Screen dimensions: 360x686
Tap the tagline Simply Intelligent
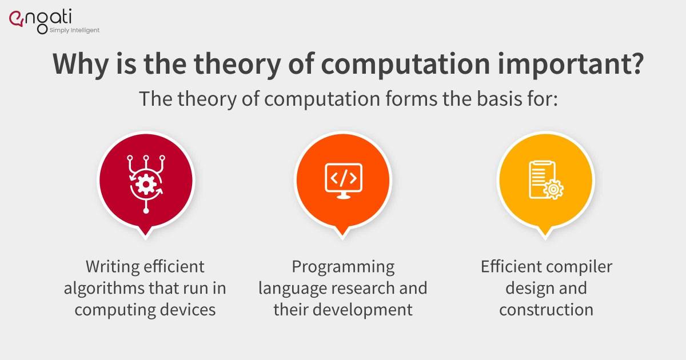coord(73,30)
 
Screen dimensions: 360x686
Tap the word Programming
coord(343,266)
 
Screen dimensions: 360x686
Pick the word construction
coord(545,310)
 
